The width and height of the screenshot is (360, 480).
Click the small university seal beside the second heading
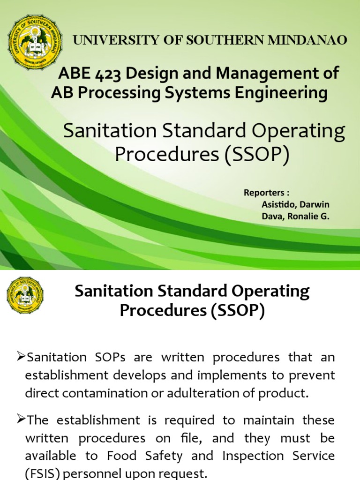25,295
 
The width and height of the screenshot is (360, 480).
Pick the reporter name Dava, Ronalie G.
295,217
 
